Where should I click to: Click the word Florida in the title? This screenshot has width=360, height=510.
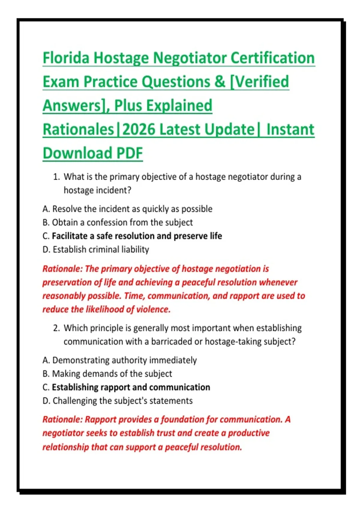pos(66,58)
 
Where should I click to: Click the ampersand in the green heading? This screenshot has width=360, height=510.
pos(220,82)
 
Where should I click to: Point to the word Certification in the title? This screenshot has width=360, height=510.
pos(273,58)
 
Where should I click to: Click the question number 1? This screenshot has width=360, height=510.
pos(56,177)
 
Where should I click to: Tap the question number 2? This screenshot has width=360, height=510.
pos(56,328)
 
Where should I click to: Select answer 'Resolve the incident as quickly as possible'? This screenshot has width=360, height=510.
pos(132,209)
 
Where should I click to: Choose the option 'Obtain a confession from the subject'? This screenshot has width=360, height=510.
pos(122,222)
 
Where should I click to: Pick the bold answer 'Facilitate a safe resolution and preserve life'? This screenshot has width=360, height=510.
pos(137,236)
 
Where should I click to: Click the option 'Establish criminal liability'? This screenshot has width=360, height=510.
pos(101,250)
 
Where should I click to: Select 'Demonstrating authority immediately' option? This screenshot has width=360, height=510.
pos(124,360)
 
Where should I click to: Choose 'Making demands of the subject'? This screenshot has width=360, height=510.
pos(112,374)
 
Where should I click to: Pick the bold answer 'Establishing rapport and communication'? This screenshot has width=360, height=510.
pos(131,387)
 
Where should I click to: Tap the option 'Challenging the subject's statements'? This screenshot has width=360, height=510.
pos(122,401)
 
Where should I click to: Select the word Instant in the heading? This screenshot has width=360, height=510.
pos(290,129)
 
